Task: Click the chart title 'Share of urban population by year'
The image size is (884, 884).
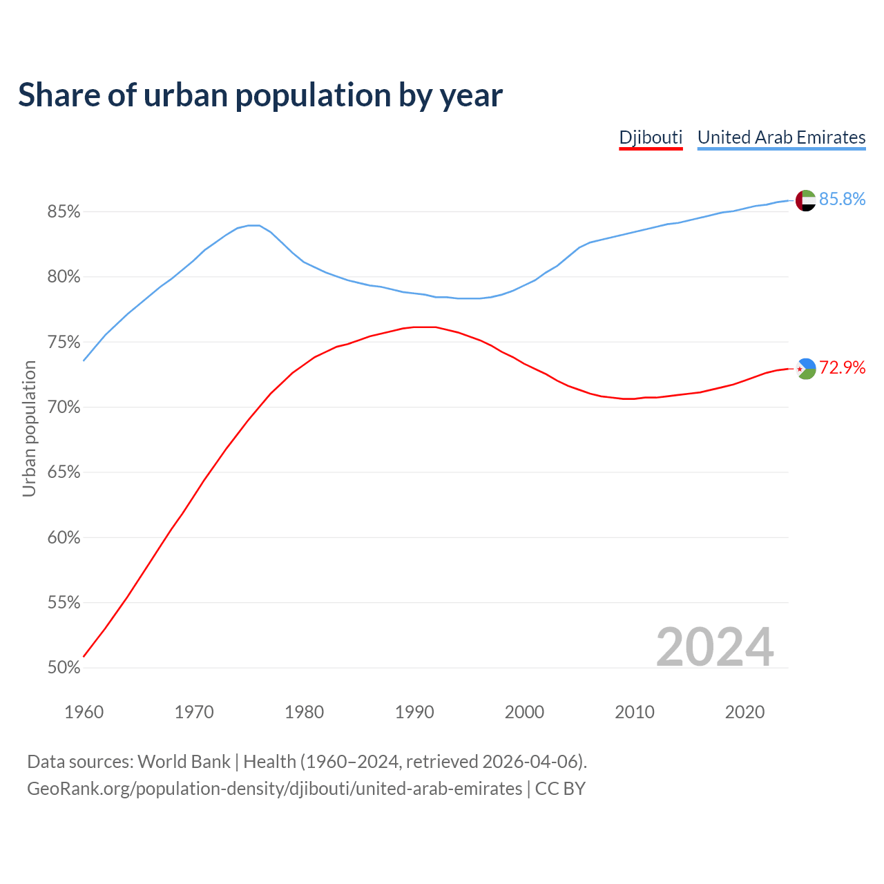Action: (260, 95)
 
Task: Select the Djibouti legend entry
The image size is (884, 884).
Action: (651, 137)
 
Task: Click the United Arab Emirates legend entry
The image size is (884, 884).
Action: (781, 137)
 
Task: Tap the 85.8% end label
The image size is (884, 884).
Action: (842, 200)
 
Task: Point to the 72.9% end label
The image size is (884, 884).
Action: (842, 368)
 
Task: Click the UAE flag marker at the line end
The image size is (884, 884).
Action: (805, 200)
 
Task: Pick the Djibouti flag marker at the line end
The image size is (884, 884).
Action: (805, 369)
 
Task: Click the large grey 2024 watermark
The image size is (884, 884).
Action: (715, 647)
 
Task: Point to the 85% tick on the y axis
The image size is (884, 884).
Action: (64, 212)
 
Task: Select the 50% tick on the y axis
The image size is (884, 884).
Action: (64, 668)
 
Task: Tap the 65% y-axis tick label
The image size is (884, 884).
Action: (64, 472)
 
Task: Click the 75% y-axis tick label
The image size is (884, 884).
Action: (64, 343)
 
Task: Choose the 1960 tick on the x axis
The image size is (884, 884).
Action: (84, 712)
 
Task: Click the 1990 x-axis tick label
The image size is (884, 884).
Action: (414, 712)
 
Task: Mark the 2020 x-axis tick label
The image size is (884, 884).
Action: (744, 712)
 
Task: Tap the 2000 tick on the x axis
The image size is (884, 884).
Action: (525, 712)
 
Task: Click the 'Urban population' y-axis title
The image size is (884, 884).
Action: (29, 428)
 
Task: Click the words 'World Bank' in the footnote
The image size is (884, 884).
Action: (184, 762)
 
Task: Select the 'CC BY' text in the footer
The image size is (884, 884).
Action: (560, 789)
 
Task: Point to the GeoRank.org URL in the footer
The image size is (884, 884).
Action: (274, 789)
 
